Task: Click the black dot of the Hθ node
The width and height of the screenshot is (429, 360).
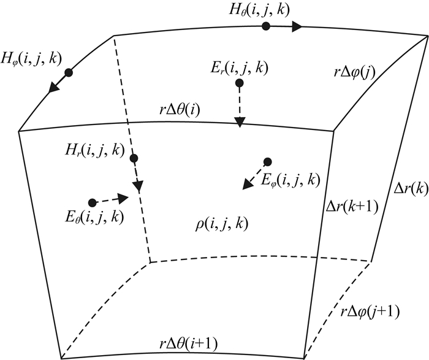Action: coord(265,26)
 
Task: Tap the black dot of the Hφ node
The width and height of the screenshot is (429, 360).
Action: coord(69,72)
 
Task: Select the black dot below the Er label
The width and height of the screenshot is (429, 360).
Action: coord(240,83)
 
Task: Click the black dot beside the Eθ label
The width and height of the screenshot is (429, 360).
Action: coord(92,202)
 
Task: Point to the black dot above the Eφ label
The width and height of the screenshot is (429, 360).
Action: coord(267,162)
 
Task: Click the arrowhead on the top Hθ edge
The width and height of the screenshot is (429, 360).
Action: coord(298,26)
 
